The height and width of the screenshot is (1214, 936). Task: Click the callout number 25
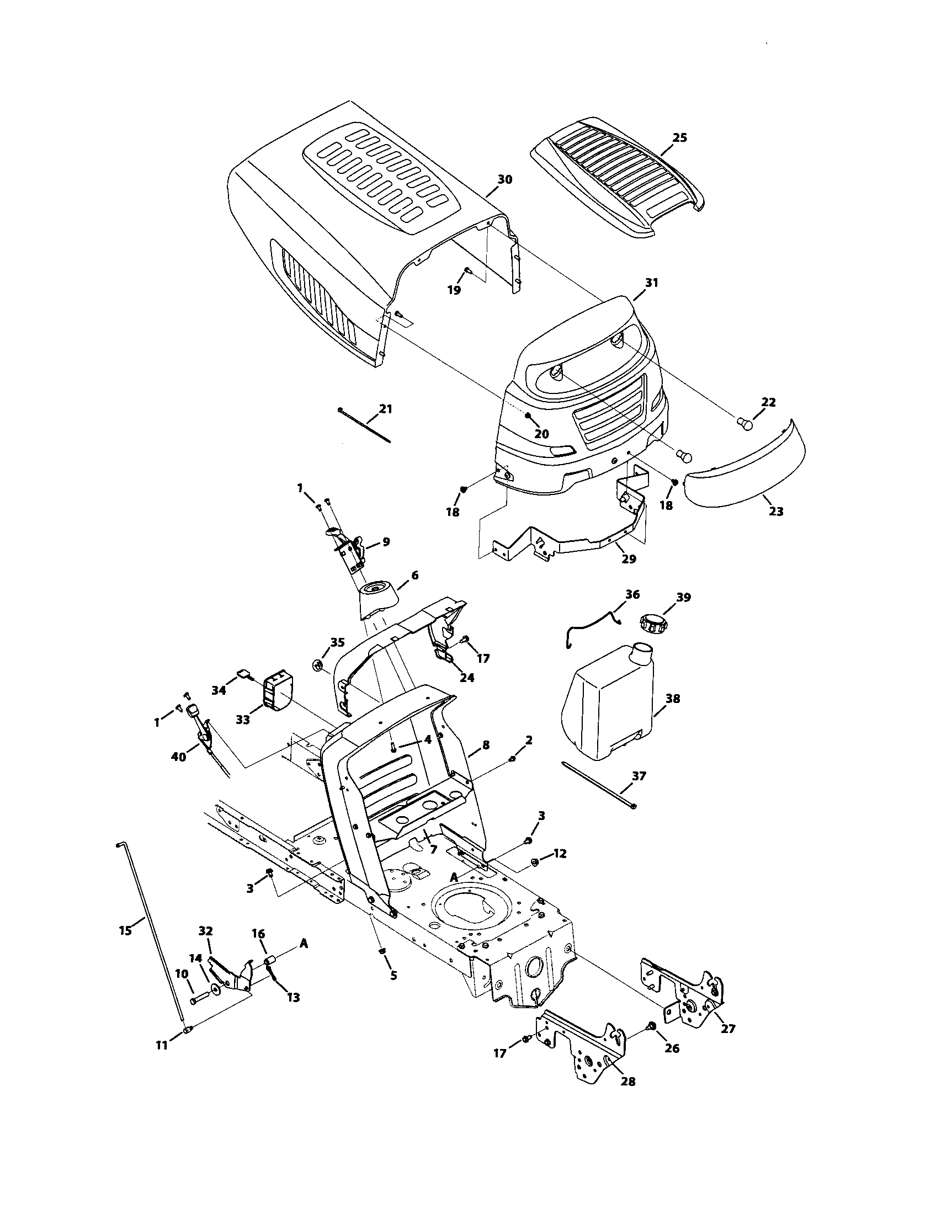tap(680, 137)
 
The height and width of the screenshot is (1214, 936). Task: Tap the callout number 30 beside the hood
tap(504, 179)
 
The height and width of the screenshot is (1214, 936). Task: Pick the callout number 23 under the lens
tap(775, 511)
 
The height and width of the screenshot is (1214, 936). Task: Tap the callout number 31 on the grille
tap(651, 283)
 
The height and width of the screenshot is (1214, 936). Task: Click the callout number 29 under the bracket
tap(628, 559)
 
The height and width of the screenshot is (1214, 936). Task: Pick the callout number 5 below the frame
tap(393, 976)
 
